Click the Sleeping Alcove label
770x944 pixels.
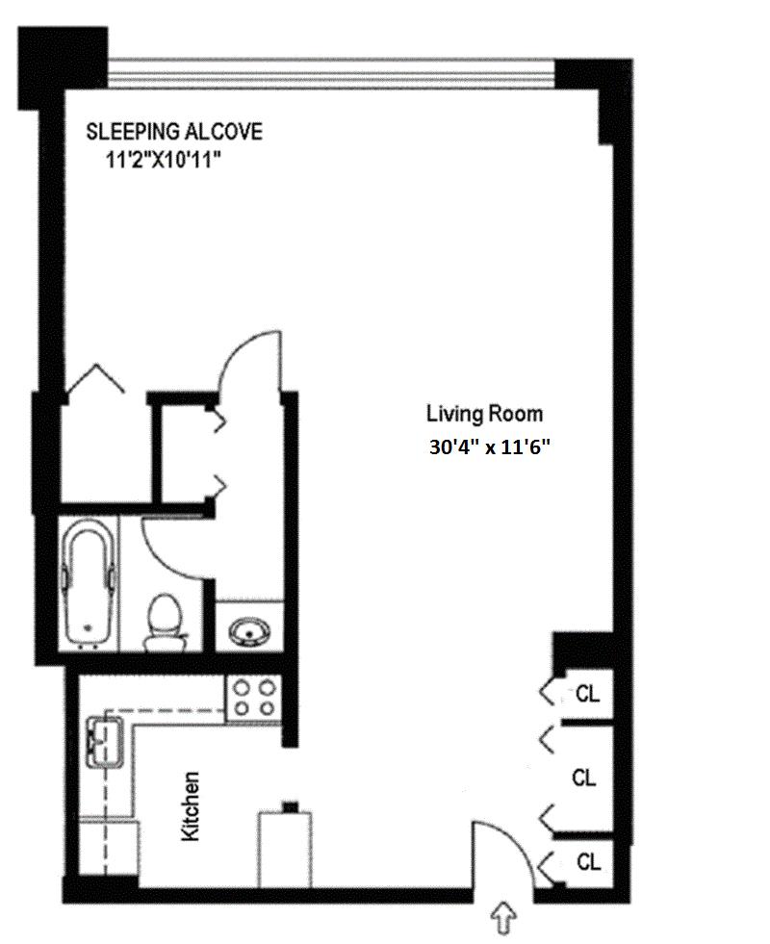(174, 132)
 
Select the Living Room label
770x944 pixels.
(485, 414)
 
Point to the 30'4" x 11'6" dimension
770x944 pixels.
(490, 446)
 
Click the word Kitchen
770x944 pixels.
(191, 806)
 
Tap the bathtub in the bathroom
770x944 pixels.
(89, 582)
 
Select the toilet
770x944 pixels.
(165, 623)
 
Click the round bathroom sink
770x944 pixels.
(249, 631)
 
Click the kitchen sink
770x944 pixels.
(105, 742)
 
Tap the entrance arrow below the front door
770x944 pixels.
(504, 921)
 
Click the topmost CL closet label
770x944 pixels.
(587, 694)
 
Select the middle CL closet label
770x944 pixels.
(583, 778)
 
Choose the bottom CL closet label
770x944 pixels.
(587, 862)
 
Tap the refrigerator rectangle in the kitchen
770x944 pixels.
(285, 850)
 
